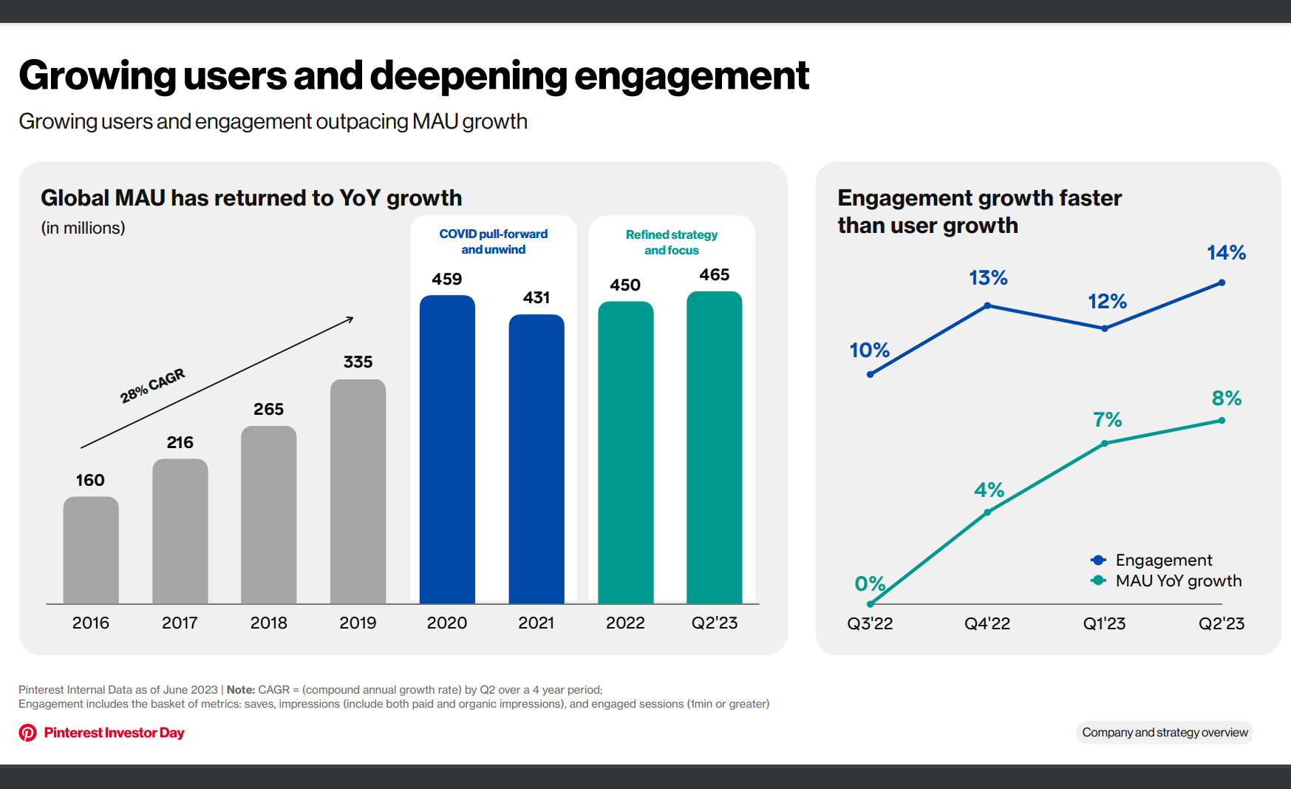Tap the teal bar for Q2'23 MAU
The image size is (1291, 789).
pyautogui.click(x=714, y=447)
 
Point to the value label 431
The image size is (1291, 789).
pyautogui.click(x=537, y=297)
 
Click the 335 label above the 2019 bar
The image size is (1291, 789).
pyautogui.click(x=358, y=362)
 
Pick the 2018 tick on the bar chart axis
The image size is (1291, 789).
pyautogui.click(x=268, y=623)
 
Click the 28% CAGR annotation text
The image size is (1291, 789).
pyautogui.click(x=152, y=385)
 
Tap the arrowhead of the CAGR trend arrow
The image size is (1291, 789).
pyautogui.click(x=350, y=319)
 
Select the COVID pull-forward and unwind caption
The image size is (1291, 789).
pyautogui.click(x=494, y=242)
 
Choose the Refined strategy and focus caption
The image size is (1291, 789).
pyautogui.click(x=671, y=243)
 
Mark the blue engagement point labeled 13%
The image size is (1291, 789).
pyautogui.click(x=987, y=305)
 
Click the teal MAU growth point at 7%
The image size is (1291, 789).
pyautogui.click(x=1104, y=444)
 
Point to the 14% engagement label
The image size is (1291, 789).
pyautogui.click(x=1226, y=253)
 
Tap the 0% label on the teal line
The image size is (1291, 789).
pyautogui.click(x=870, y=583)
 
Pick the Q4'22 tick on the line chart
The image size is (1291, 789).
pyautogui.click(x=987, y=623)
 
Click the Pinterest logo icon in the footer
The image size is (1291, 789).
pyautogui.click(x=28, y=733)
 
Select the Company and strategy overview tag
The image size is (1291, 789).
pyautogui.click(x=1165, y=732)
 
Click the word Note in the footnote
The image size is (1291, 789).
pyautogui.click(x=240, y=690)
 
